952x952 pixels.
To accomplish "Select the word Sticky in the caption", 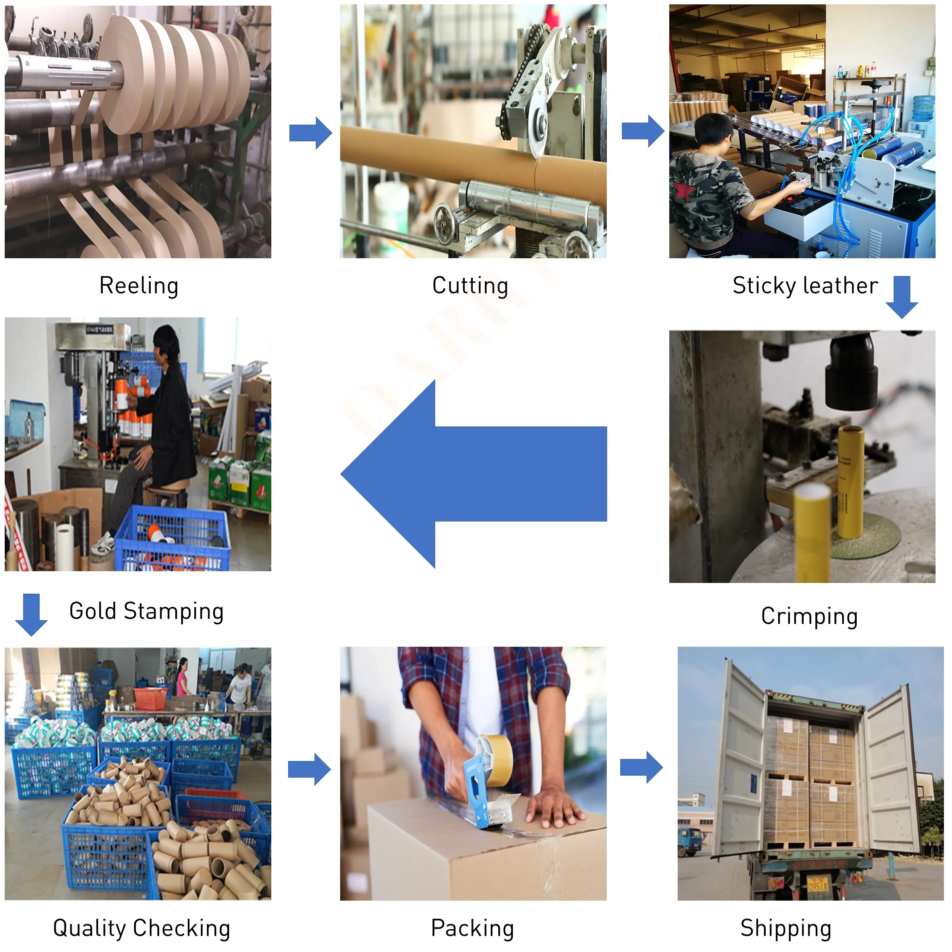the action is click(764, 286).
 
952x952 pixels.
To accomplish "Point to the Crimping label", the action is click(809, 617).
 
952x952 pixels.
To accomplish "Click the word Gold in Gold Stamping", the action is click(93, 611).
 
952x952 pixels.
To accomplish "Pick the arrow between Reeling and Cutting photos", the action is click(310, 133).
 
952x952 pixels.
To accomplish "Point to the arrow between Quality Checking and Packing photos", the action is click(309, 769).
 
